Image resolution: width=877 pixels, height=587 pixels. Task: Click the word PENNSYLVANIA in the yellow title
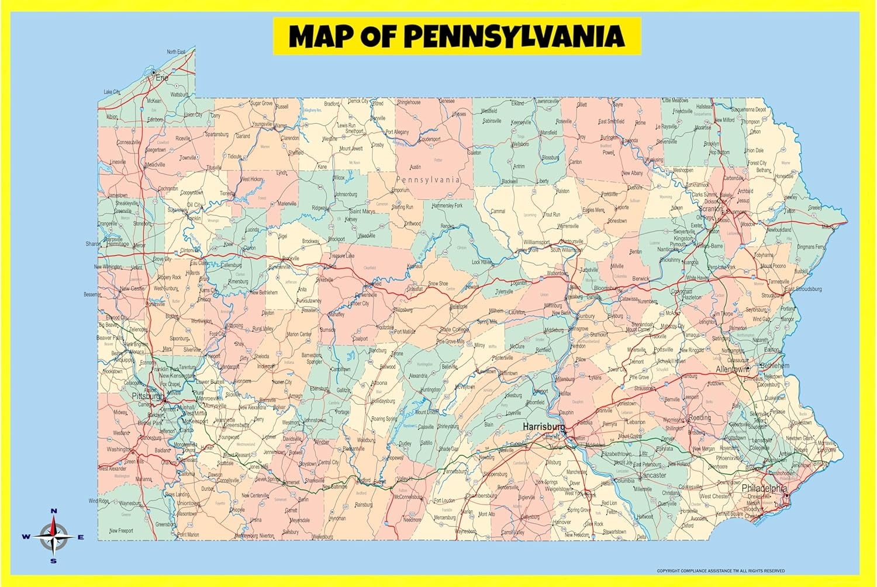[515, 36]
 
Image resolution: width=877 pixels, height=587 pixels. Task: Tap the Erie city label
[162, 78]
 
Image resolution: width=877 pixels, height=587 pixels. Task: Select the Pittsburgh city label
[148, 396]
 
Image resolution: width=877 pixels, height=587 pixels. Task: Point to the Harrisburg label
[544, 427]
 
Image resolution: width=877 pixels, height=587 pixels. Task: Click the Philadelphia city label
[764, 488]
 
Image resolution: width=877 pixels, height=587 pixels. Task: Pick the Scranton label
[711, 209]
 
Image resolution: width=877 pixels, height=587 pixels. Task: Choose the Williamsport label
[536, 242]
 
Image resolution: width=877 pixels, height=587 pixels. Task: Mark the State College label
[454, 330]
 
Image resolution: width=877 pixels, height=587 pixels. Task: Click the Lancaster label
[654, 475]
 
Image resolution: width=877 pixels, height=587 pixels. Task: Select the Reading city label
[699, 418]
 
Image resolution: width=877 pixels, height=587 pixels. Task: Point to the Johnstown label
[314, 420]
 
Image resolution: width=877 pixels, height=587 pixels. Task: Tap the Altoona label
[379, 383]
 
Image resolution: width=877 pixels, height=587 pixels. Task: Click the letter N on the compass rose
[54, 511]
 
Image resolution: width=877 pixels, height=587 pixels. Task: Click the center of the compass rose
[54, 536]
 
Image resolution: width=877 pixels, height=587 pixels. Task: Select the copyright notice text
[720, 571]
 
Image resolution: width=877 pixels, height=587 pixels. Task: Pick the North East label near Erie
[176, 52]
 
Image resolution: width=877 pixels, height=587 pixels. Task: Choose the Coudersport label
[429, 139]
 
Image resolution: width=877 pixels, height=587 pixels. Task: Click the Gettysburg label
[530, 517]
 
